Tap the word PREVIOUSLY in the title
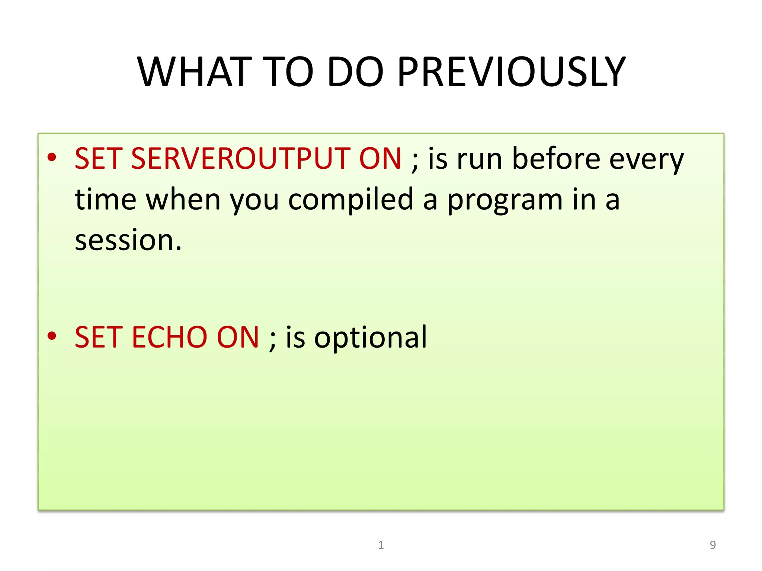512,72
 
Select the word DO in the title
355,72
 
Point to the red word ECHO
169,337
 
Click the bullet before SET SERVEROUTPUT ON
52,158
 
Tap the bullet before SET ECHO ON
52,336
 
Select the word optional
371,337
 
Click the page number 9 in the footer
713,545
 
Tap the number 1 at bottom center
381,545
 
